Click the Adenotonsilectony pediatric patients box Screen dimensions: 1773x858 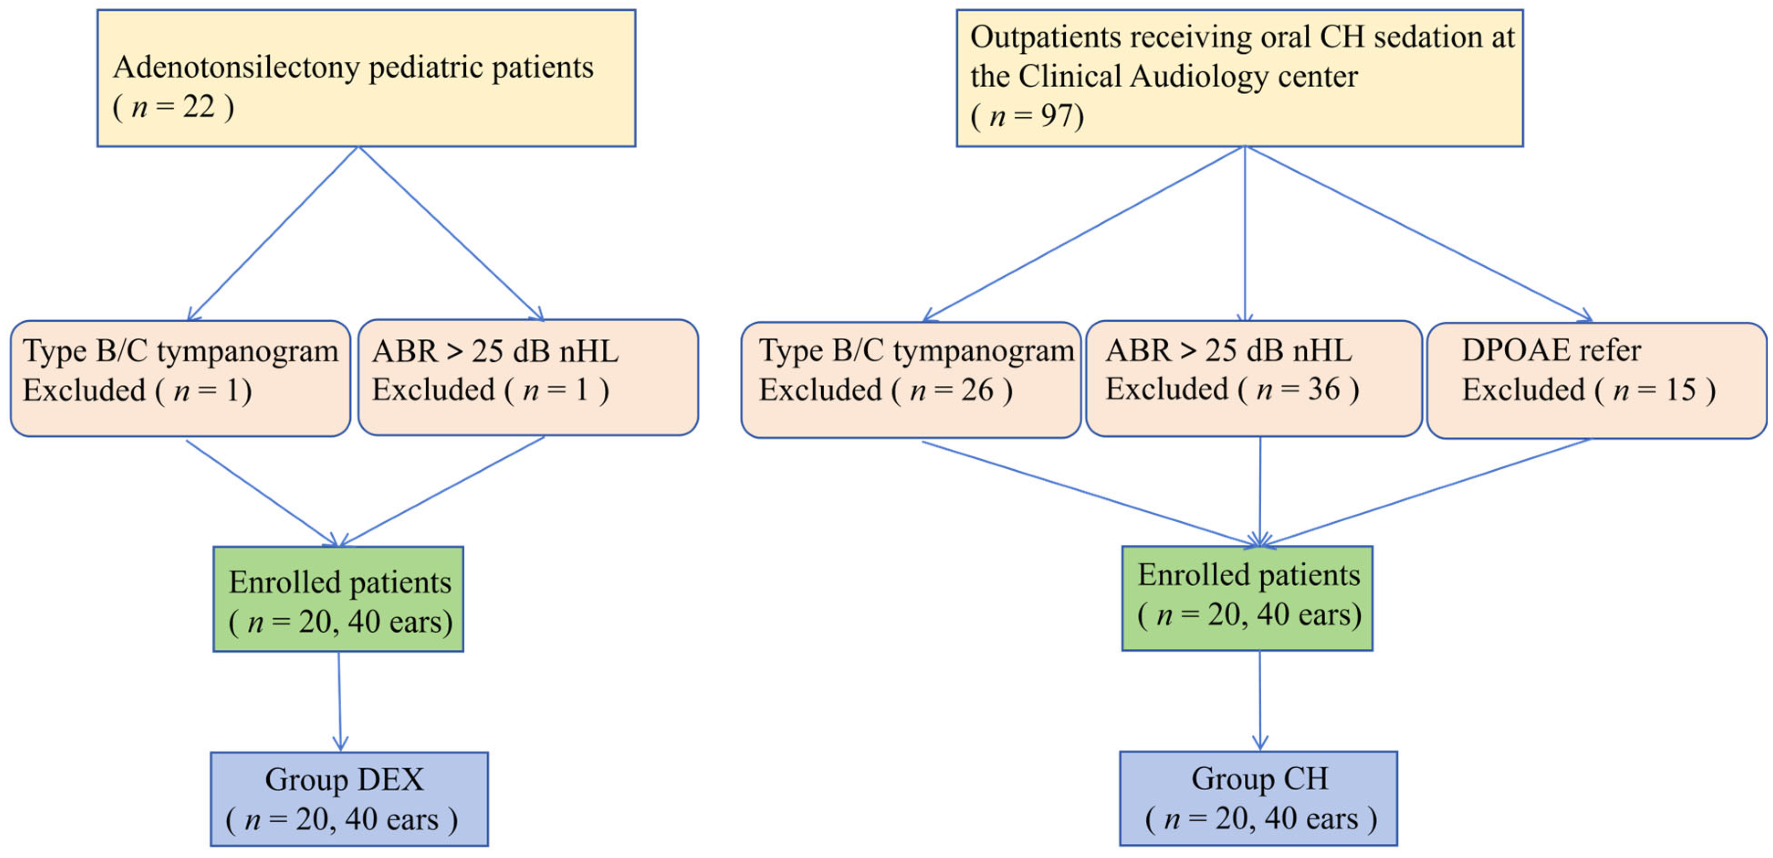click(x=366, y=78)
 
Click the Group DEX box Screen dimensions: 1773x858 click(x=349, y=799)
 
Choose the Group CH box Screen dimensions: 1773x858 click(x=1258, y=798)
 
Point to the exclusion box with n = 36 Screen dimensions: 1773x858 click(x=1254, y=379)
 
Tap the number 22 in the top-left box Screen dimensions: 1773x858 click(x=199, y=107)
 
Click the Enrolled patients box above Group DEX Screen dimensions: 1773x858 click(x=339, y=599)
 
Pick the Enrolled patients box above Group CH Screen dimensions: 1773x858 click(x=1247, y=598)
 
